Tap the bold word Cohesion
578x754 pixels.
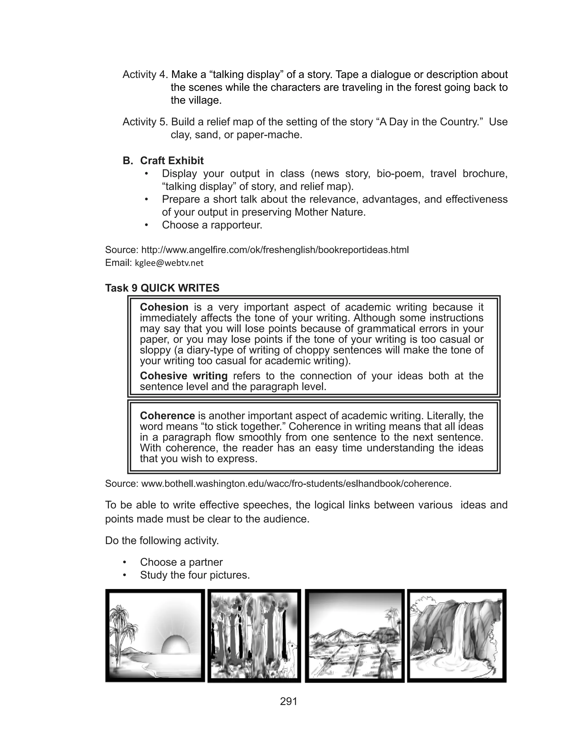[x=164, y=307]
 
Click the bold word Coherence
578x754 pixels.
[x=167, y=416]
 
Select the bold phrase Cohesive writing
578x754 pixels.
[x=183, y=376]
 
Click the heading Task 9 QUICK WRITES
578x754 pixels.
[x=162, y=288]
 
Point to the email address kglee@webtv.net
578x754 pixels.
[x=169, y=263]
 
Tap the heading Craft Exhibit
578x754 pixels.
[x=172, y=160]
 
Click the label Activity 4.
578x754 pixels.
[x=145, y=74]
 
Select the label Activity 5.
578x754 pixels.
[x=145, y=122]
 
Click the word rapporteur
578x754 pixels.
[x=236, y=225]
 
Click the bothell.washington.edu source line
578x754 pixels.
[x=296, y=484]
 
